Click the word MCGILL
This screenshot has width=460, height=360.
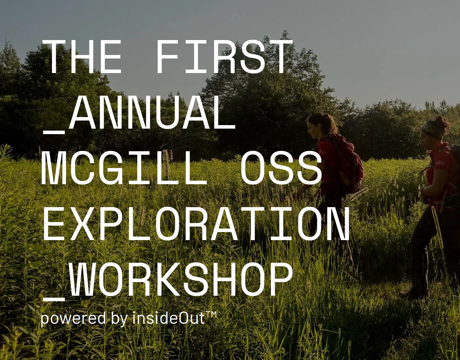(x=124, y=169)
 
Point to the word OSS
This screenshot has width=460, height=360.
(x=280, y=169)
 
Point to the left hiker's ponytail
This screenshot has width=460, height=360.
(x=331, y=125)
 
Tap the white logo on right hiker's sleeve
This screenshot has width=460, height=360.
(x=441, y=163)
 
